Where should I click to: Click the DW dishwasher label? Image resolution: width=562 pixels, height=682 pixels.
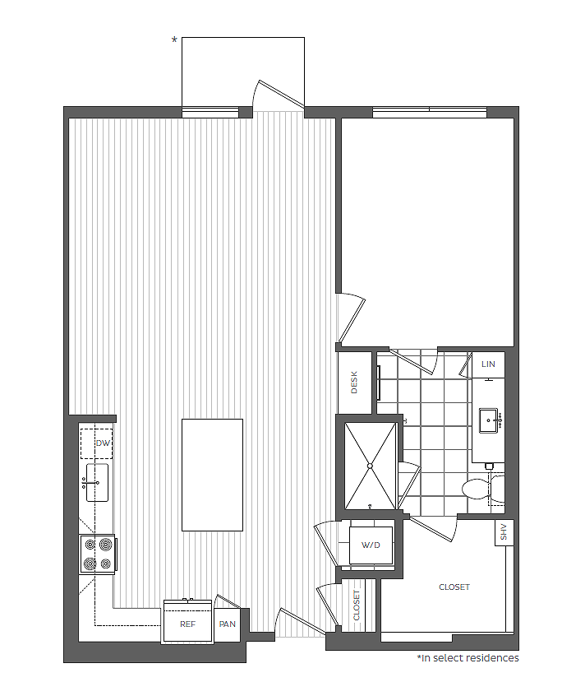click(103, 443)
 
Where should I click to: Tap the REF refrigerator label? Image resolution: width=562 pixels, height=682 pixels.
click(188, 624)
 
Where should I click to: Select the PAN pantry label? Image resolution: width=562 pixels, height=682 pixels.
click(228, 624)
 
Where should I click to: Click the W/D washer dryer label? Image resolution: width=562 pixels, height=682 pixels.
click(371, 544)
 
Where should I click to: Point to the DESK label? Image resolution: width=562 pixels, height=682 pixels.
click(355, 383)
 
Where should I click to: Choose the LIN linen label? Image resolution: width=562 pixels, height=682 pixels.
click(489, 364)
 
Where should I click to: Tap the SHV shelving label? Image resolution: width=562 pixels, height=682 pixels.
click(504, 533)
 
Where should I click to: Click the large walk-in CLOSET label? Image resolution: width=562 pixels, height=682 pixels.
click(454, 587)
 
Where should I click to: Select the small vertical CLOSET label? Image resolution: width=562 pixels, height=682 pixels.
click(357, 605)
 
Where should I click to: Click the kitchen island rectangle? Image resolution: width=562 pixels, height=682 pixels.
click(212, 475)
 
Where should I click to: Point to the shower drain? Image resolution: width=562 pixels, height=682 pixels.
click(370, 466)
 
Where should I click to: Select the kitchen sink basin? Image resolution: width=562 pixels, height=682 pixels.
click(97, 482)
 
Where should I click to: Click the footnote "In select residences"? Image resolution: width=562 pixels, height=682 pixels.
click(468, 658)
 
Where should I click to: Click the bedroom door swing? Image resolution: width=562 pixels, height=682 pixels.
click(351, 317)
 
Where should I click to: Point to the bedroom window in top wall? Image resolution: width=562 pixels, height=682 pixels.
click(429, 112)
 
